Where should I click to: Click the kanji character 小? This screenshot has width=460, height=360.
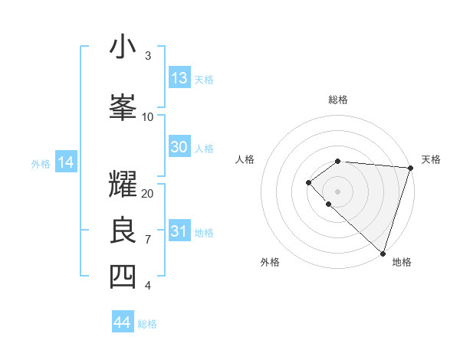click(123, 47)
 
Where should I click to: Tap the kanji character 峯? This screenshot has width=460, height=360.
click(123, 107)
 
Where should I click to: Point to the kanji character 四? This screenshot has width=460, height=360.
click(123, 277)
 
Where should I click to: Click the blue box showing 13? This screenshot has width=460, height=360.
click(179, 78)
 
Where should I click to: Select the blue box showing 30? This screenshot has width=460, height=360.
click(179, 148)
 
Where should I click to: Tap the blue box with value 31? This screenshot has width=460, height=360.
click(179, 231)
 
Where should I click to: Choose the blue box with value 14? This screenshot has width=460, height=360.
click(66, 162)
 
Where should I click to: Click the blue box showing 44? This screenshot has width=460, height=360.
click(123, 322)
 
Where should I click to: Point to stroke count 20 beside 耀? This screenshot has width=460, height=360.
click(148, 193)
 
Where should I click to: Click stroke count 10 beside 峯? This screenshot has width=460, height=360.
click(148, 116)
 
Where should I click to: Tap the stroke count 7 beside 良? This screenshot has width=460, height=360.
click(148, 240)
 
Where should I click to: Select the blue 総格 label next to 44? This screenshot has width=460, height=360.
click(147, 324)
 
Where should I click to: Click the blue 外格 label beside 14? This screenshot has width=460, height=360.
click(41, 163)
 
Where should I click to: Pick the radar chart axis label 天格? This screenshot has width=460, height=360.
click(431, 159)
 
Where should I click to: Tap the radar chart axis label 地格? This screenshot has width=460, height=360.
click(402, 262)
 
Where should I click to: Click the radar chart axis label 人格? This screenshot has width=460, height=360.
click(245, 159)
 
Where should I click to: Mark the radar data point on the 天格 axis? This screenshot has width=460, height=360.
click(410, 168)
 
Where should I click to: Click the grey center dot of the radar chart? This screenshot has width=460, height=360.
click(337, 191)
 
